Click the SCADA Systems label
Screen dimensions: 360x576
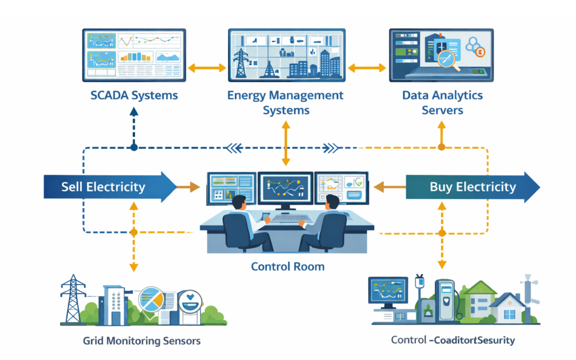pos(134,95)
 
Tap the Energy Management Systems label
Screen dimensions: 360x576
pos(285,102)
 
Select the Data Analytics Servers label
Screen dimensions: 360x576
pos(442,102)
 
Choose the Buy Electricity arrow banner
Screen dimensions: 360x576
pos(471,187)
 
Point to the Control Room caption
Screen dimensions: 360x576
pos(287,266)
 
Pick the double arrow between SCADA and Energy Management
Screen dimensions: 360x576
pos(206,68)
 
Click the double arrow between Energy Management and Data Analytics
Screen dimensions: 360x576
pos(367,68)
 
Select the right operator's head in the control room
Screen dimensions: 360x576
pos(331,201)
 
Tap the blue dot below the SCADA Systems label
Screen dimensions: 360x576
pos(134,147)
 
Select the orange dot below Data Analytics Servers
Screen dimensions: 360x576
pos(442,147)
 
